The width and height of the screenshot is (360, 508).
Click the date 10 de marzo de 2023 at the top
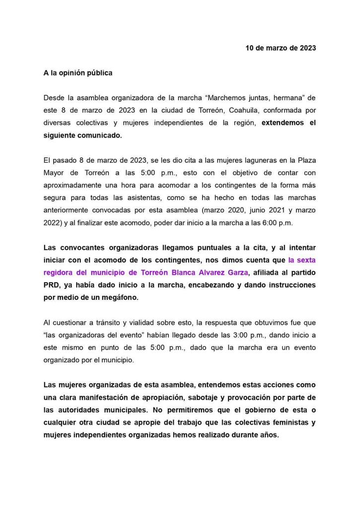click(281, 48)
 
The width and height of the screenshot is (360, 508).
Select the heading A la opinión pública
click(77, 73)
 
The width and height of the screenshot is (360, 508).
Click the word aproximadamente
click(72, 185)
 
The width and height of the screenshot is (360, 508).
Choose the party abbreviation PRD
click(52, 285)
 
